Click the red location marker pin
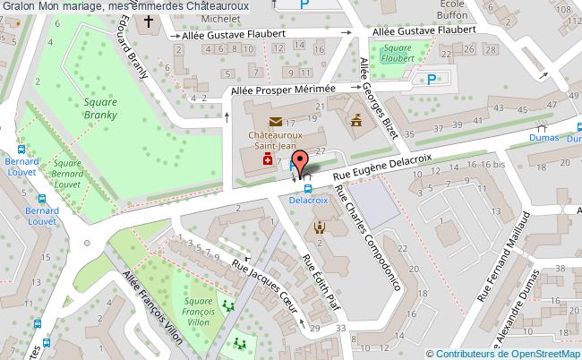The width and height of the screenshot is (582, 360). click(x=302, y=161)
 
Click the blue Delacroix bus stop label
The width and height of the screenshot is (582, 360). click(x=307, y=201)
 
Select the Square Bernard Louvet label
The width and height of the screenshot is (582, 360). click(x=61, y=171)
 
